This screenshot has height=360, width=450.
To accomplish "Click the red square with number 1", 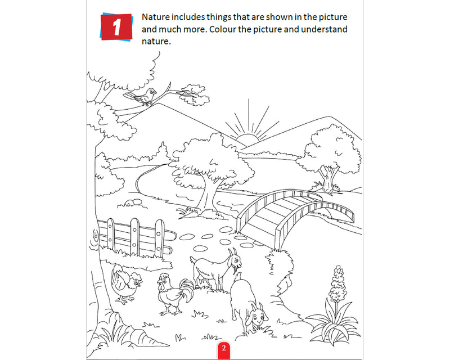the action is point(116,26).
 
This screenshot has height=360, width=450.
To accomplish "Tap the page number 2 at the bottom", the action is point(223,348).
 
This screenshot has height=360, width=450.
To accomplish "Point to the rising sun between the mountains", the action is point(247,138).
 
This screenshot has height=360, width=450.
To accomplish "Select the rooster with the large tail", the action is point(175,294).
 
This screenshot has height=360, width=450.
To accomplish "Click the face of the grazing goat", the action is point(258,316).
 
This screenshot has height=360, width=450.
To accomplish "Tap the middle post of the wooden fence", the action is point(135,236).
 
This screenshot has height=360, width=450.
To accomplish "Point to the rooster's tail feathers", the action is point(187,290).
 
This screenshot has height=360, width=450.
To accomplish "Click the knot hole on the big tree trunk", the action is point(95,236).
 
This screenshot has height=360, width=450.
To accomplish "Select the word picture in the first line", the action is point(333,17).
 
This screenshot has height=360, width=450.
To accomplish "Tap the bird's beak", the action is point(155,92).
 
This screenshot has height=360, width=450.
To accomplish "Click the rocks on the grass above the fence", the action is point(133,202).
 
